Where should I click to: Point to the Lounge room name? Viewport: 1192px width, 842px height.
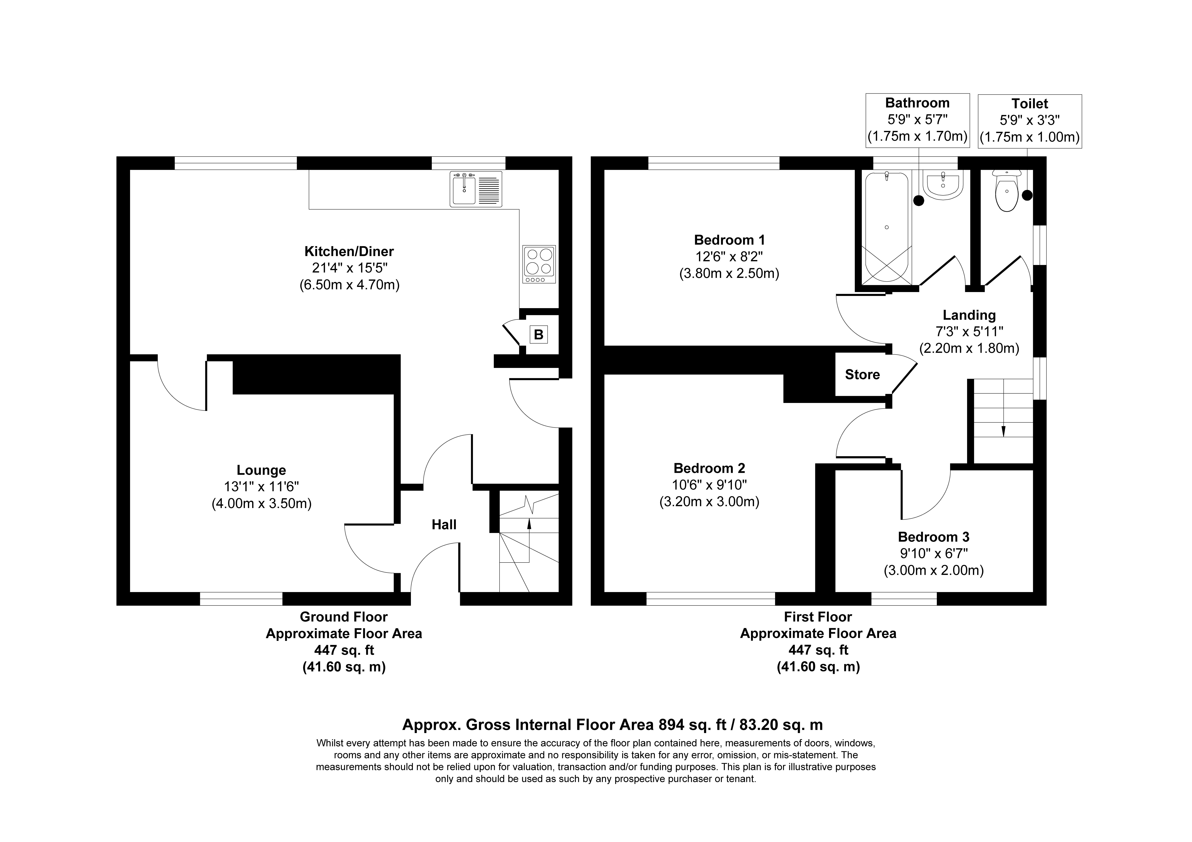(x=261, y=470)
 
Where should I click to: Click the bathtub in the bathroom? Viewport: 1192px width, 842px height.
(x=886, y=227)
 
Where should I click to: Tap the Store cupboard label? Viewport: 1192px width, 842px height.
(x=862, y=375)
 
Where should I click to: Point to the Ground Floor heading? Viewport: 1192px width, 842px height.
(x=344, y=617)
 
